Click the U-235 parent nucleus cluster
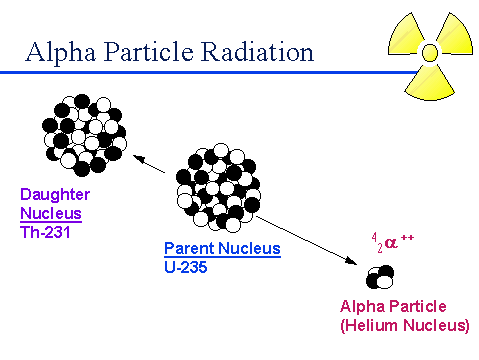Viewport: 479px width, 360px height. (x=219, y=186)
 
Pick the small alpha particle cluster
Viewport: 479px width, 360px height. (x=379, y=275)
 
